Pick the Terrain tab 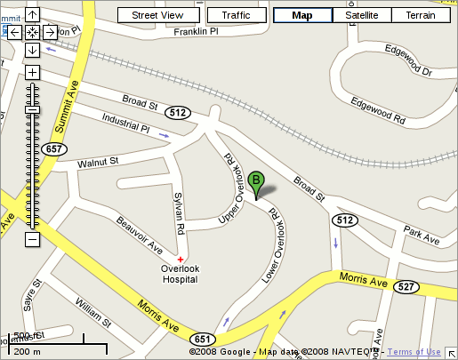420,15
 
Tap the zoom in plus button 32,72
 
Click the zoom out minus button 32,239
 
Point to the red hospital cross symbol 181,259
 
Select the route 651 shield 202,339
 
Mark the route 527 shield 406,286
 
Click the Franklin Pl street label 196,32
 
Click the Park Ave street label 421,235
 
